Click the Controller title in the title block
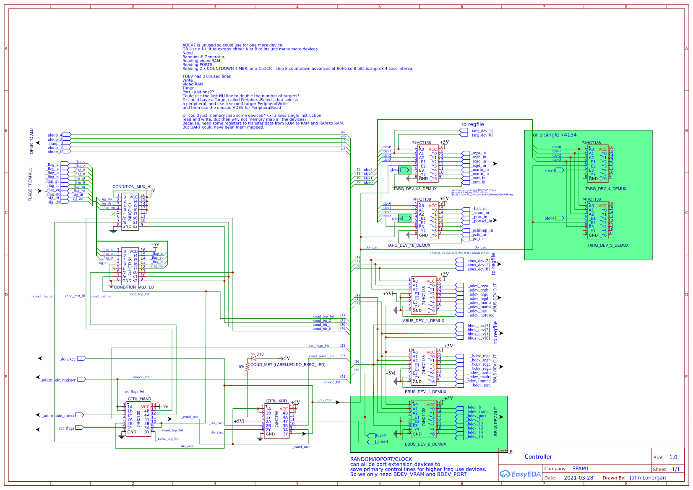(x=538, y=457)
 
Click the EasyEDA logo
(x=520, y=474)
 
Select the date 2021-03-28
(x=578, y=478)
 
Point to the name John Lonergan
(x=647, y=478)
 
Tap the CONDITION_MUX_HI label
(x=132, y=187)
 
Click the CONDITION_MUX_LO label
(x=134, y=287)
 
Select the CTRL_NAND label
(x=139, y=399)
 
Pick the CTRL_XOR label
(x=276, y=401)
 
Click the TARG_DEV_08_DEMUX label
(x=415, y=189)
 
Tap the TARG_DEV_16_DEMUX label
(x=409, y=245)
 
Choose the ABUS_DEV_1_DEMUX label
(x=423, y=321)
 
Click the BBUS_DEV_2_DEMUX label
(x=425, y=444)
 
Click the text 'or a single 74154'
(x=555, y=135)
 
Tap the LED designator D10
(x=260, y=354)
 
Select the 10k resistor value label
(x=241, y=367)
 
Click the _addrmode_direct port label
(x=58, y=416)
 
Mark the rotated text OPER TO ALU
(x=31, y=141)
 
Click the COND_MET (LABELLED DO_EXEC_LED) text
(x=288, y=365)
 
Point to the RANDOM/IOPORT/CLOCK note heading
(x=381, y=459)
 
